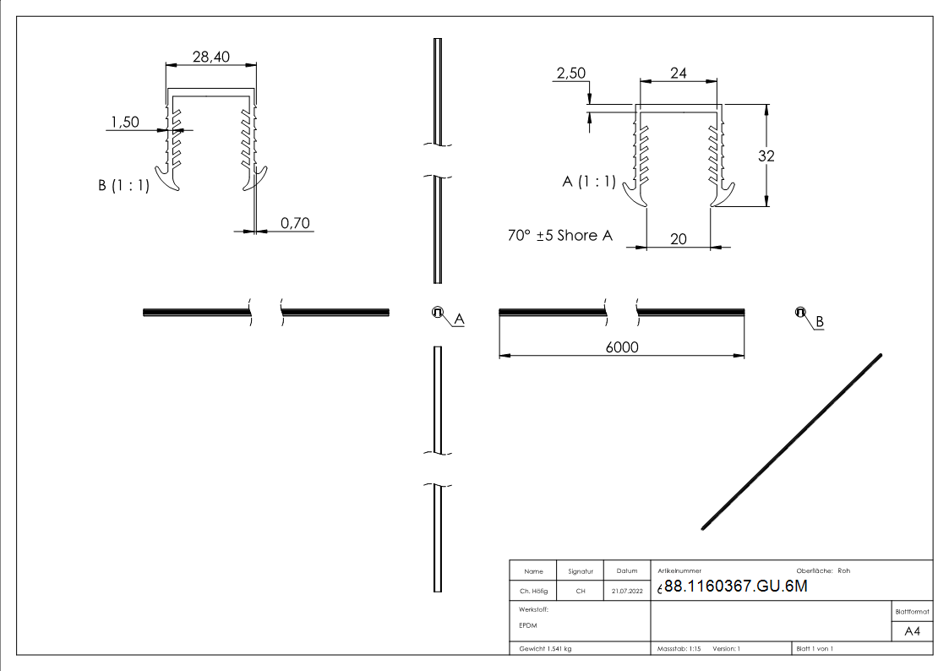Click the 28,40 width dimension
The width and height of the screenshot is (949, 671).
[x=210, y=56]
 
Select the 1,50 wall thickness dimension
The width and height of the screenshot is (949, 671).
[x=124, y=123]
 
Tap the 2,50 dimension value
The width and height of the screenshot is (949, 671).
[x=570, y=74]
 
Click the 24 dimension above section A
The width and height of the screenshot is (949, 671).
[x=678, y=74]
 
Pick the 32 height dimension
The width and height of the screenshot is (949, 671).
[x=766, y=155]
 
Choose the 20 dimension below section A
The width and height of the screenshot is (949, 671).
[x=678, y=239]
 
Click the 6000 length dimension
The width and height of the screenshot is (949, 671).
[x=622, y=346]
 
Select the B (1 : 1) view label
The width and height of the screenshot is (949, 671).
[x=123, y=186]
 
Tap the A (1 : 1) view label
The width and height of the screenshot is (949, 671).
[x=589, y=182]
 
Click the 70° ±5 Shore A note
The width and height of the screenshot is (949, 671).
[x=559, y=236]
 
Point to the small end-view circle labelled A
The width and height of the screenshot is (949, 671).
[x=438, y=312]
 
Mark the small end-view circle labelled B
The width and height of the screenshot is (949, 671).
[x=799, y=312]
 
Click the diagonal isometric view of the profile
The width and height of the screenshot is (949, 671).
[x=792, y=442]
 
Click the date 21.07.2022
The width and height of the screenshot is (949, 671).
[x=626, y=592]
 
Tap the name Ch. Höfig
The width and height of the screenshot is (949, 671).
[x=533, y=592]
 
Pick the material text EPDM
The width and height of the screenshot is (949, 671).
[x=528, y=625]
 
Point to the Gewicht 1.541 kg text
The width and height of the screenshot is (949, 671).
[x=546, y=648]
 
